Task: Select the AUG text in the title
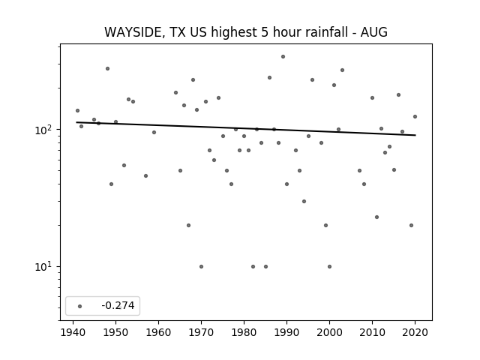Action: point(373,32)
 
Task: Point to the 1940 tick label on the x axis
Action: point(73,333)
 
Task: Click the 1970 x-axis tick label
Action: point(201,333)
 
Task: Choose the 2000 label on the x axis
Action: point(329,333)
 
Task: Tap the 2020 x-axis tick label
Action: point(415,333)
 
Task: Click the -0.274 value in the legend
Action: point(118,305)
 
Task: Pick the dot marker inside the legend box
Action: point(80,306)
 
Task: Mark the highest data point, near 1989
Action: point(283,57)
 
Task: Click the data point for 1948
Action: point(107,68)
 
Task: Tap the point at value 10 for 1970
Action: point(201,267)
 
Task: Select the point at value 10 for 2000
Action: point(329,267)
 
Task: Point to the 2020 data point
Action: point(415,117)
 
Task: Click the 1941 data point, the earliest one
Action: point(77,110)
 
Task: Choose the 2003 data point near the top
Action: point(342,70)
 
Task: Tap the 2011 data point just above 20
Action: point(376,217)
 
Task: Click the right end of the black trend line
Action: point(415,135)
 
